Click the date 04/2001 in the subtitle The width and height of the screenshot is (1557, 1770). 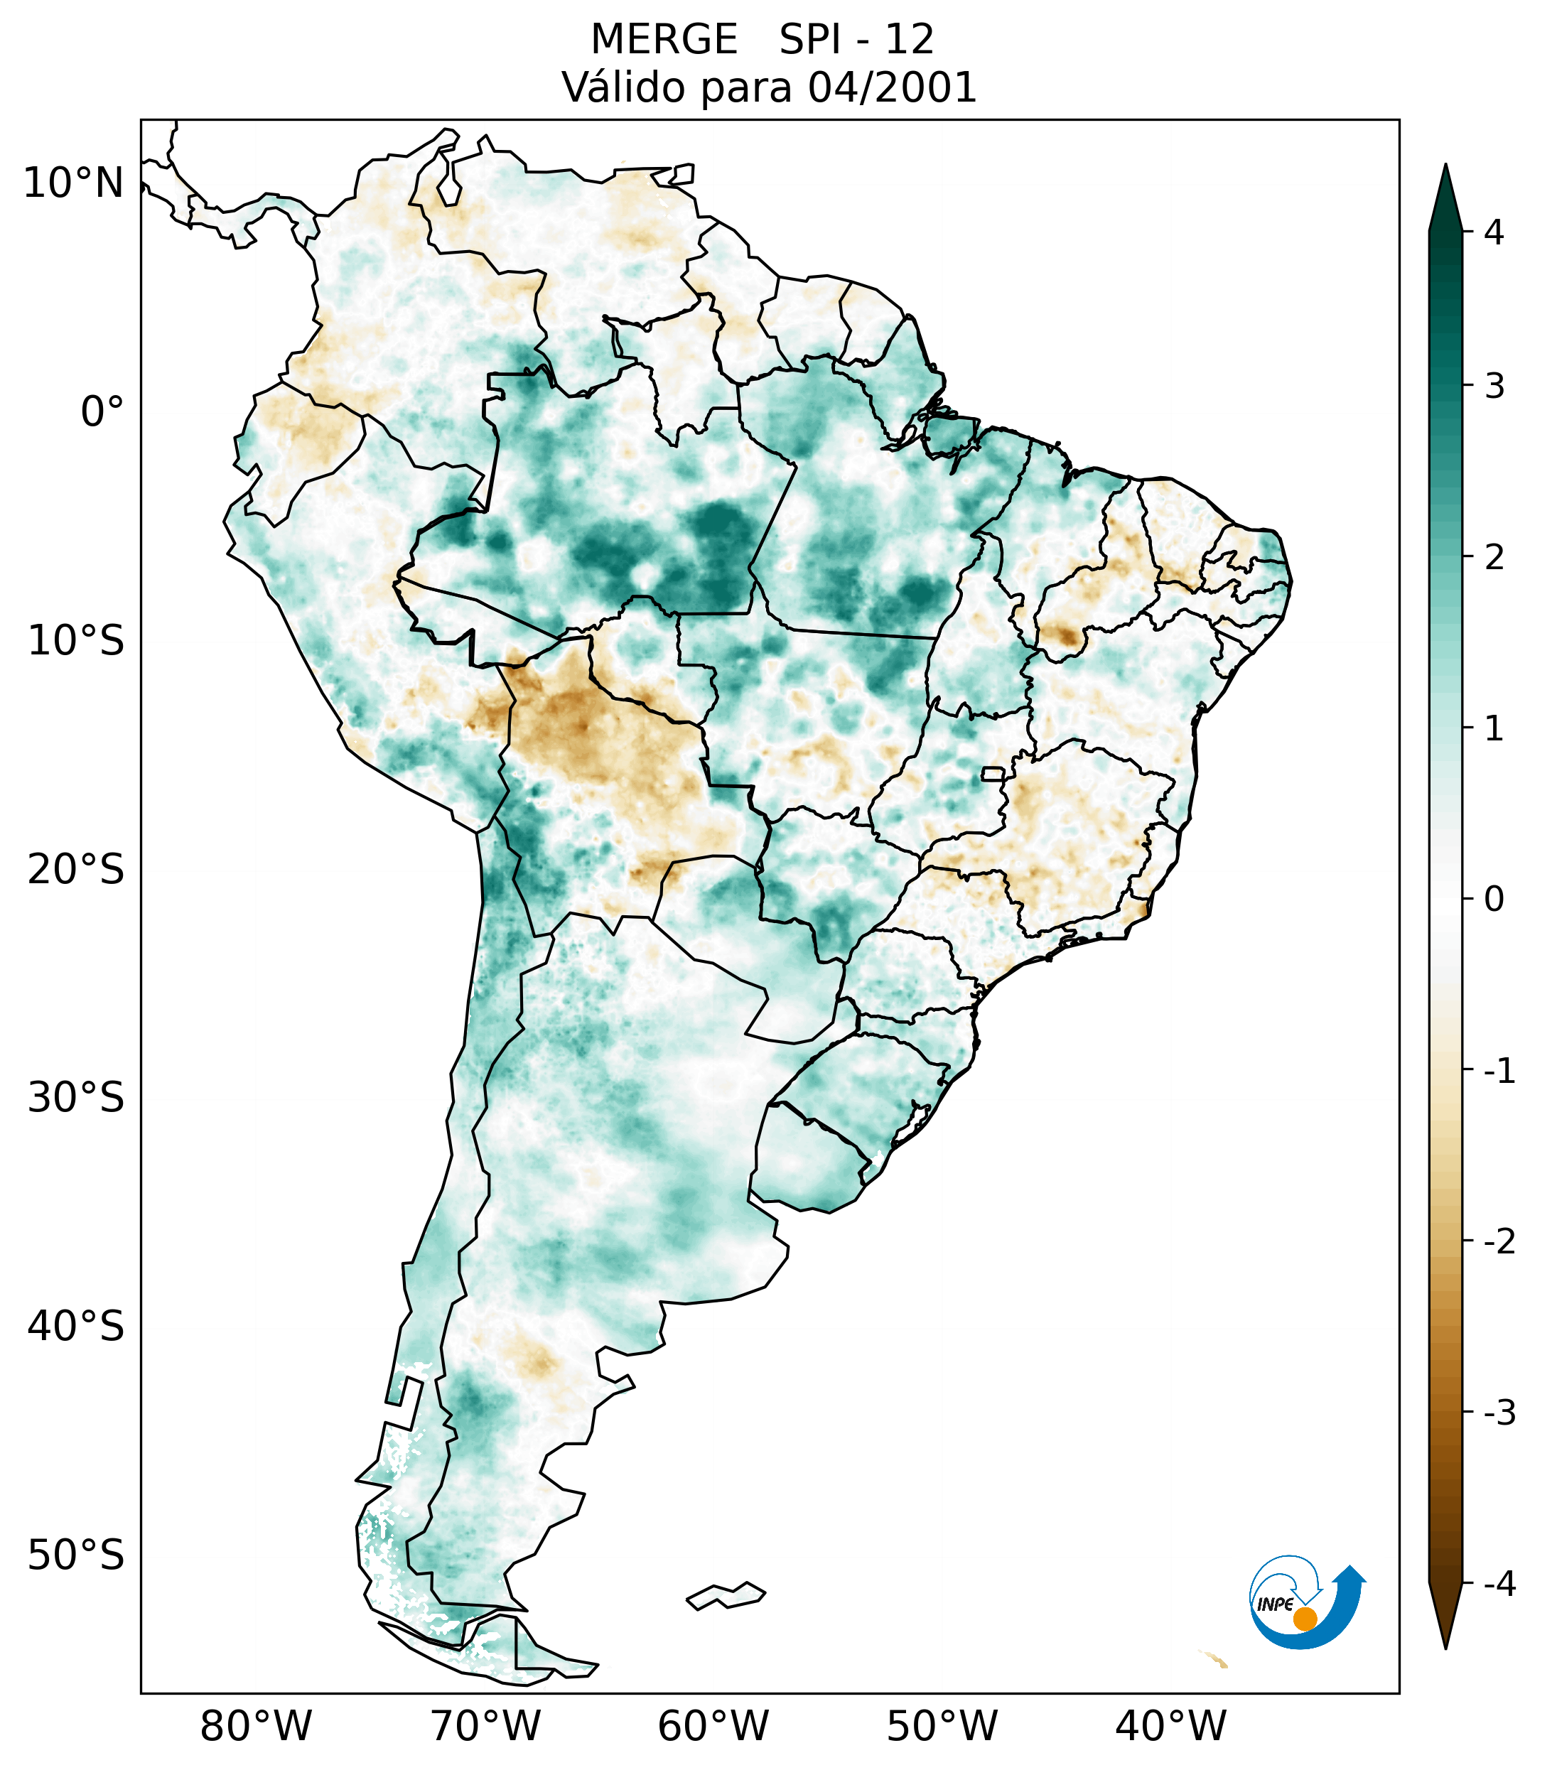(892, 87)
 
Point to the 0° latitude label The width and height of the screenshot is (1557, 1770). (102, 412)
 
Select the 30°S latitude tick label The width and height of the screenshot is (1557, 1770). (76, 1098)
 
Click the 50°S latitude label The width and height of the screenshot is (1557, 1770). (76, 1555)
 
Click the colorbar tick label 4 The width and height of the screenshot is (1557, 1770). (1494, 232)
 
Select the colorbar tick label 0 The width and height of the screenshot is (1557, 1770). (1494, 900)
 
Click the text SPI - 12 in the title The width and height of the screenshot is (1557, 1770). (856, 40)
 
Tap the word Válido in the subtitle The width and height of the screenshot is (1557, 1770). (623, 87)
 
